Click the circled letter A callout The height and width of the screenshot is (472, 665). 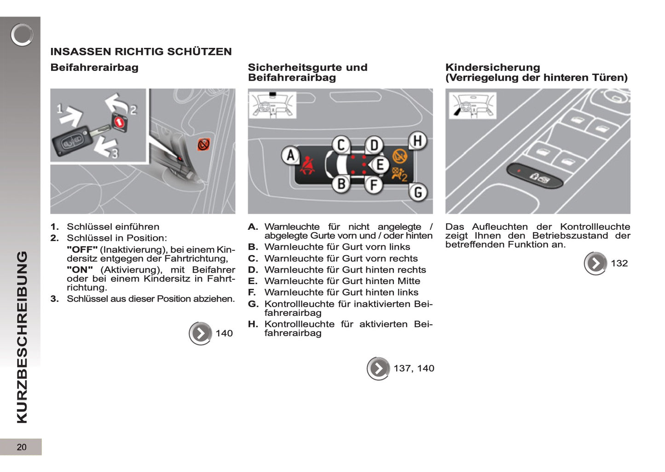290,156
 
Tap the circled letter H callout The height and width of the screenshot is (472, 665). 417,141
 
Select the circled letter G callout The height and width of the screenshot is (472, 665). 418,192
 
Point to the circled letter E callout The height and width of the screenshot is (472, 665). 380,164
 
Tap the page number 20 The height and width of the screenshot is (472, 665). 21,447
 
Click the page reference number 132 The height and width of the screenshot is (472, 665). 619,263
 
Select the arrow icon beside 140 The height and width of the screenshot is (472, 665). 200,333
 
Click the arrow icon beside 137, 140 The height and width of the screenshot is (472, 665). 378,368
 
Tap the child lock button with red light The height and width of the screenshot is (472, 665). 535,175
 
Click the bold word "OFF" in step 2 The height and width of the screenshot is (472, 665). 82,250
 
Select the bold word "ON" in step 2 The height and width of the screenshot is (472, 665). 80,270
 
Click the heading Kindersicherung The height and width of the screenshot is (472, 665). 492,68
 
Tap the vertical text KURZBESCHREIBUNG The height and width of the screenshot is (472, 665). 22,337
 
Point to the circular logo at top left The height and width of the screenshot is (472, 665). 22,35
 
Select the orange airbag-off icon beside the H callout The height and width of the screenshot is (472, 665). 400,157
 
